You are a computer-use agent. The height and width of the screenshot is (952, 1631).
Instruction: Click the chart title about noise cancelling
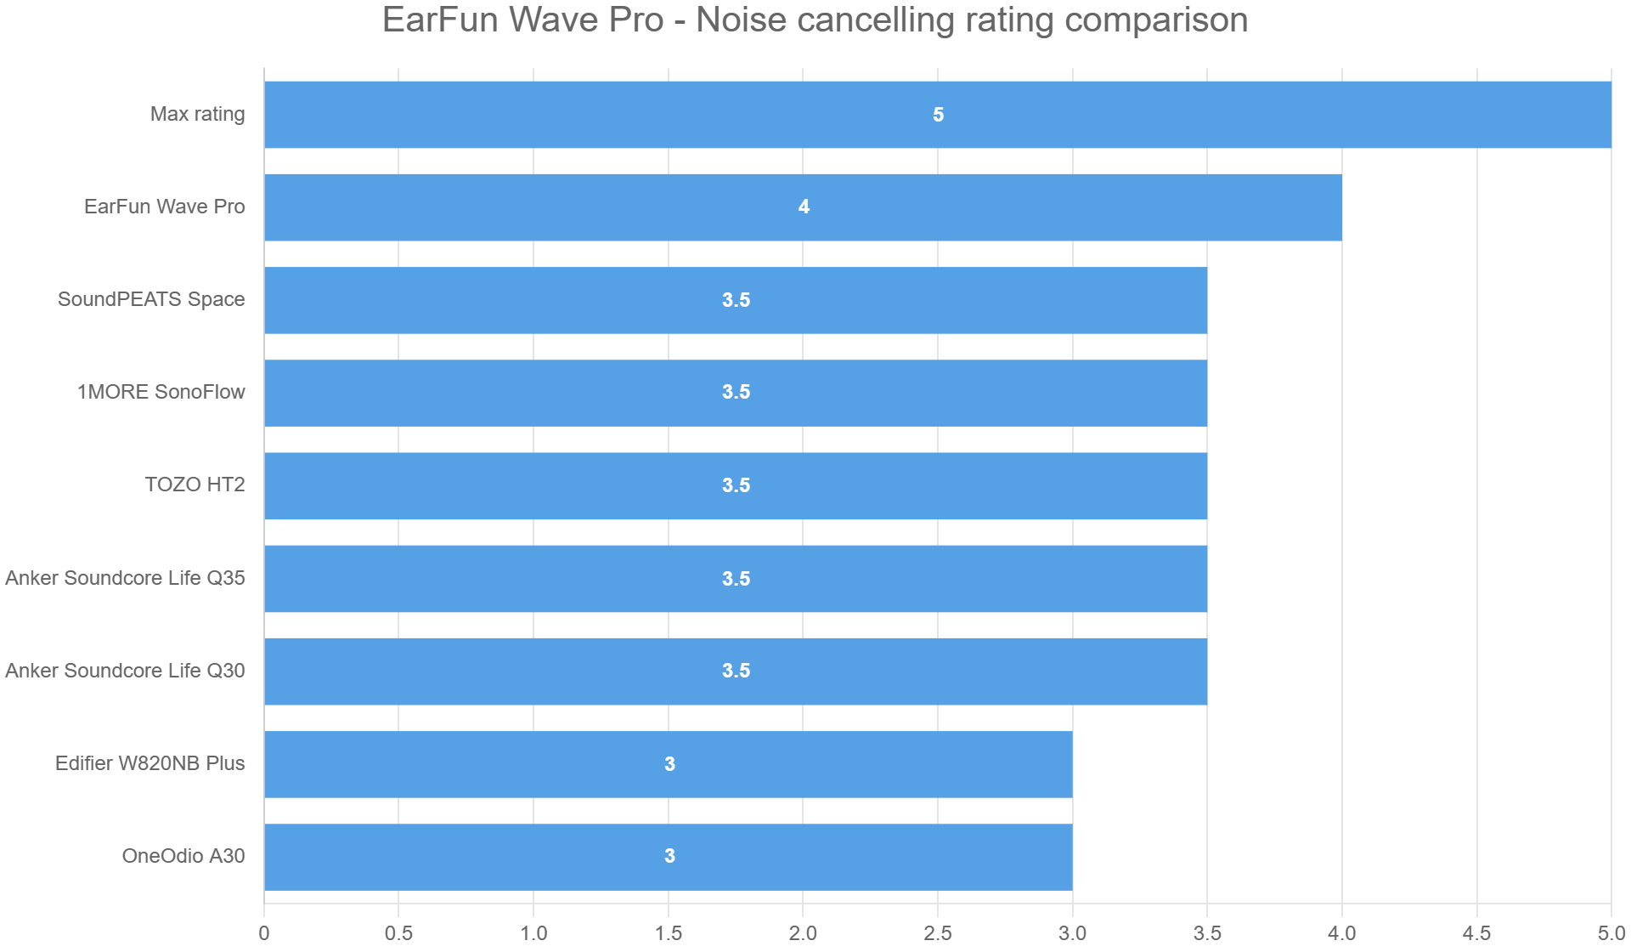pyautogui.click(x=815, y=20)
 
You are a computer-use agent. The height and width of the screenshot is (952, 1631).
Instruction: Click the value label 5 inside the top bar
pyautogui.click(x=938, y=115)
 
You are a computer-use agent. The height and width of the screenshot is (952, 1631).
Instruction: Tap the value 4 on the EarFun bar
pyautogui.click(x=804, y=207)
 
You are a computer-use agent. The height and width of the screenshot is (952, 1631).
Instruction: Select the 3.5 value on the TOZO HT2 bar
pyautogui.click(x=736, y=485)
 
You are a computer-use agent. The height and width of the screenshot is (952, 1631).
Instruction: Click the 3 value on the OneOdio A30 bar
pyautogui.click(x=669, y=856)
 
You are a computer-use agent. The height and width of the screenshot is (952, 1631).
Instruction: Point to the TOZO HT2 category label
pyautogui.click(x=195, y=484)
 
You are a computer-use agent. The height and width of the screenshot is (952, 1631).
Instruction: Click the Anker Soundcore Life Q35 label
pyautogui.click(x=125, y=578)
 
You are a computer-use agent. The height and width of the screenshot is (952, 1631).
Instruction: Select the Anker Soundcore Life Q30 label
pyautogui.click(x=125, y=671)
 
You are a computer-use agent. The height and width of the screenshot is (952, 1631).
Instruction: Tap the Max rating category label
pyautogui.click(x=197, y=114)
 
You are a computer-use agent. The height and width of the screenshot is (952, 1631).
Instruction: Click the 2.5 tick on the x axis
pyautogui.click(x=938, y=933)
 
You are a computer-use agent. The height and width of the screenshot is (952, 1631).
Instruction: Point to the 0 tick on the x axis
pyautogui.click(x=264, y=933)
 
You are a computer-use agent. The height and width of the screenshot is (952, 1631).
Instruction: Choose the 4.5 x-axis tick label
pyautogui.click(x=1476, y=933)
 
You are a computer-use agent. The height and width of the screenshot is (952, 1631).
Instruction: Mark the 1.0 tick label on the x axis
pyautogui.click(x=533, y=933)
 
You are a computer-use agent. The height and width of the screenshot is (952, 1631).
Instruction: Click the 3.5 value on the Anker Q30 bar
pyautogui.click(x=736, y=671)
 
